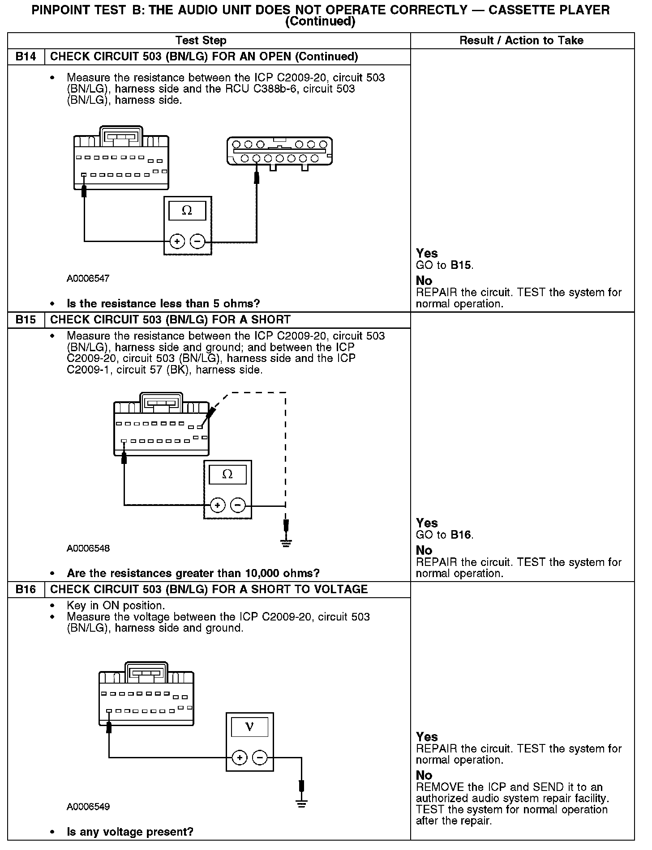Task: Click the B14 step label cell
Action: [x=26, y=57]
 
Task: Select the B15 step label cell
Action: [x=26, y=320]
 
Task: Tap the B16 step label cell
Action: [x=26, y=590]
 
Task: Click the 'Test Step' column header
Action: [x=201, y=41]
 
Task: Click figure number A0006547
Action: [x=88, y=279]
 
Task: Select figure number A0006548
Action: [x=88, y=548]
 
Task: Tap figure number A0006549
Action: [x=88, y=807]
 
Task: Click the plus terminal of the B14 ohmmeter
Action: [x=177, y=242]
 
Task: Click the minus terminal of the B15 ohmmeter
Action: [x=237, y=506]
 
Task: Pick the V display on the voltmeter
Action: [x=249, y=727]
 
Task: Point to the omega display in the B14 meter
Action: [x=187, y=211]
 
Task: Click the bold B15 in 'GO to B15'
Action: [x=461, y=265]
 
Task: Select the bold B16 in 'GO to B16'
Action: [x=461, y=535]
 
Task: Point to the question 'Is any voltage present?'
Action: [x=130, y=832]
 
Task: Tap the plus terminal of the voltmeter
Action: [x=240, y=758]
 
